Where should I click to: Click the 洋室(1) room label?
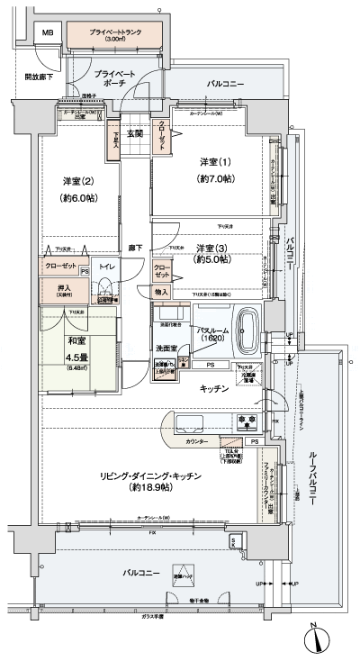click(214, 162)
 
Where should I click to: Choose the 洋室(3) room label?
click(213, 249)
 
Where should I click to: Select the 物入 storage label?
click(161, 292)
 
